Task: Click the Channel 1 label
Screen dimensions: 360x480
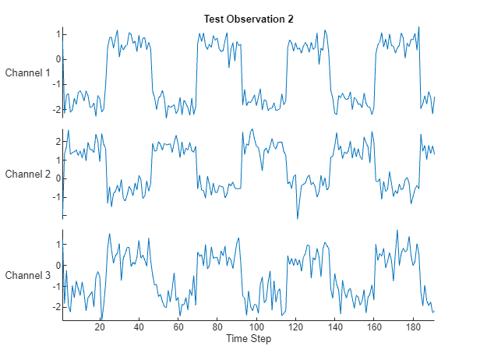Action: [x=28, y=72]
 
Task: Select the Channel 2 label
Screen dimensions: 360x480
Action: [x=28, y=174]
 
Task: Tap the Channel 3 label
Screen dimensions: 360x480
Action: [x=28, y=275]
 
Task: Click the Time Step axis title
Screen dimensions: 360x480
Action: [x=249, y=339]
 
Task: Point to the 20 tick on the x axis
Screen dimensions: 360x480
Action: [x=100, y=327]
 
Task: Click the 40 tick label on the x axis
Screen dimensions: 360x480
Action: [x=139, y=327]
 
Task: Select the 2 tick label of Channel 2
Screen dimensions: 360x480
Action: [x=57, y=141]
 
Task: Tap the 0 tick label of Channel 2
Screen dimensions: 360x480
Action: [x=57, y=178]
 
